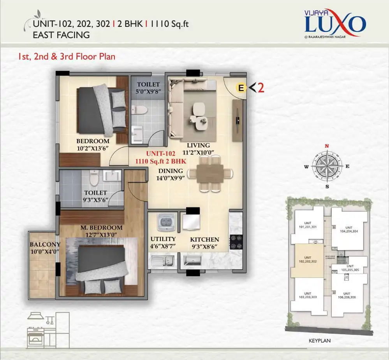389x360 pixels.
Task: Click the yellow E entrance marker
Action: pos(241,88)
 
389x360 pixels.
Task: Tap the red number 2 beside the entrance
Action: pos(261,88)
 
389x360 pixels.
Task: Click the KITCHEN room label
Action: pos(204,240)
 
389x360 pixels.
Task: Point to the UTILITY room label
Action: pos(163,239)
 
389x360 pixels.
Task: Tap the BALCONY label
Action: pos(45,244)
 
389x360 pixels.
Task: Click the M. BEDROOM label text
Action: pos(101,227)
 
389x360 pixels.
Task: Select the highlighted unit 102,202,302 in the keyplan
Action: pos(308,260)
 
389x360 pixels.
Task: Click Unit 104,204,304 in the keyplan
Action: pos(349,229)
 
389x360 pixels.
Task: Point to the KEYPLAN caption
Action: pos(319,340)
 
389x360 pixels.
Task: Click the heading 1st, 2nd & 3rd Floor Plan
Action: pos(66,56)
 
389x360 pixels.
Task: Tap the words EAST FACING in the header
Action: pos(61,35)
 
